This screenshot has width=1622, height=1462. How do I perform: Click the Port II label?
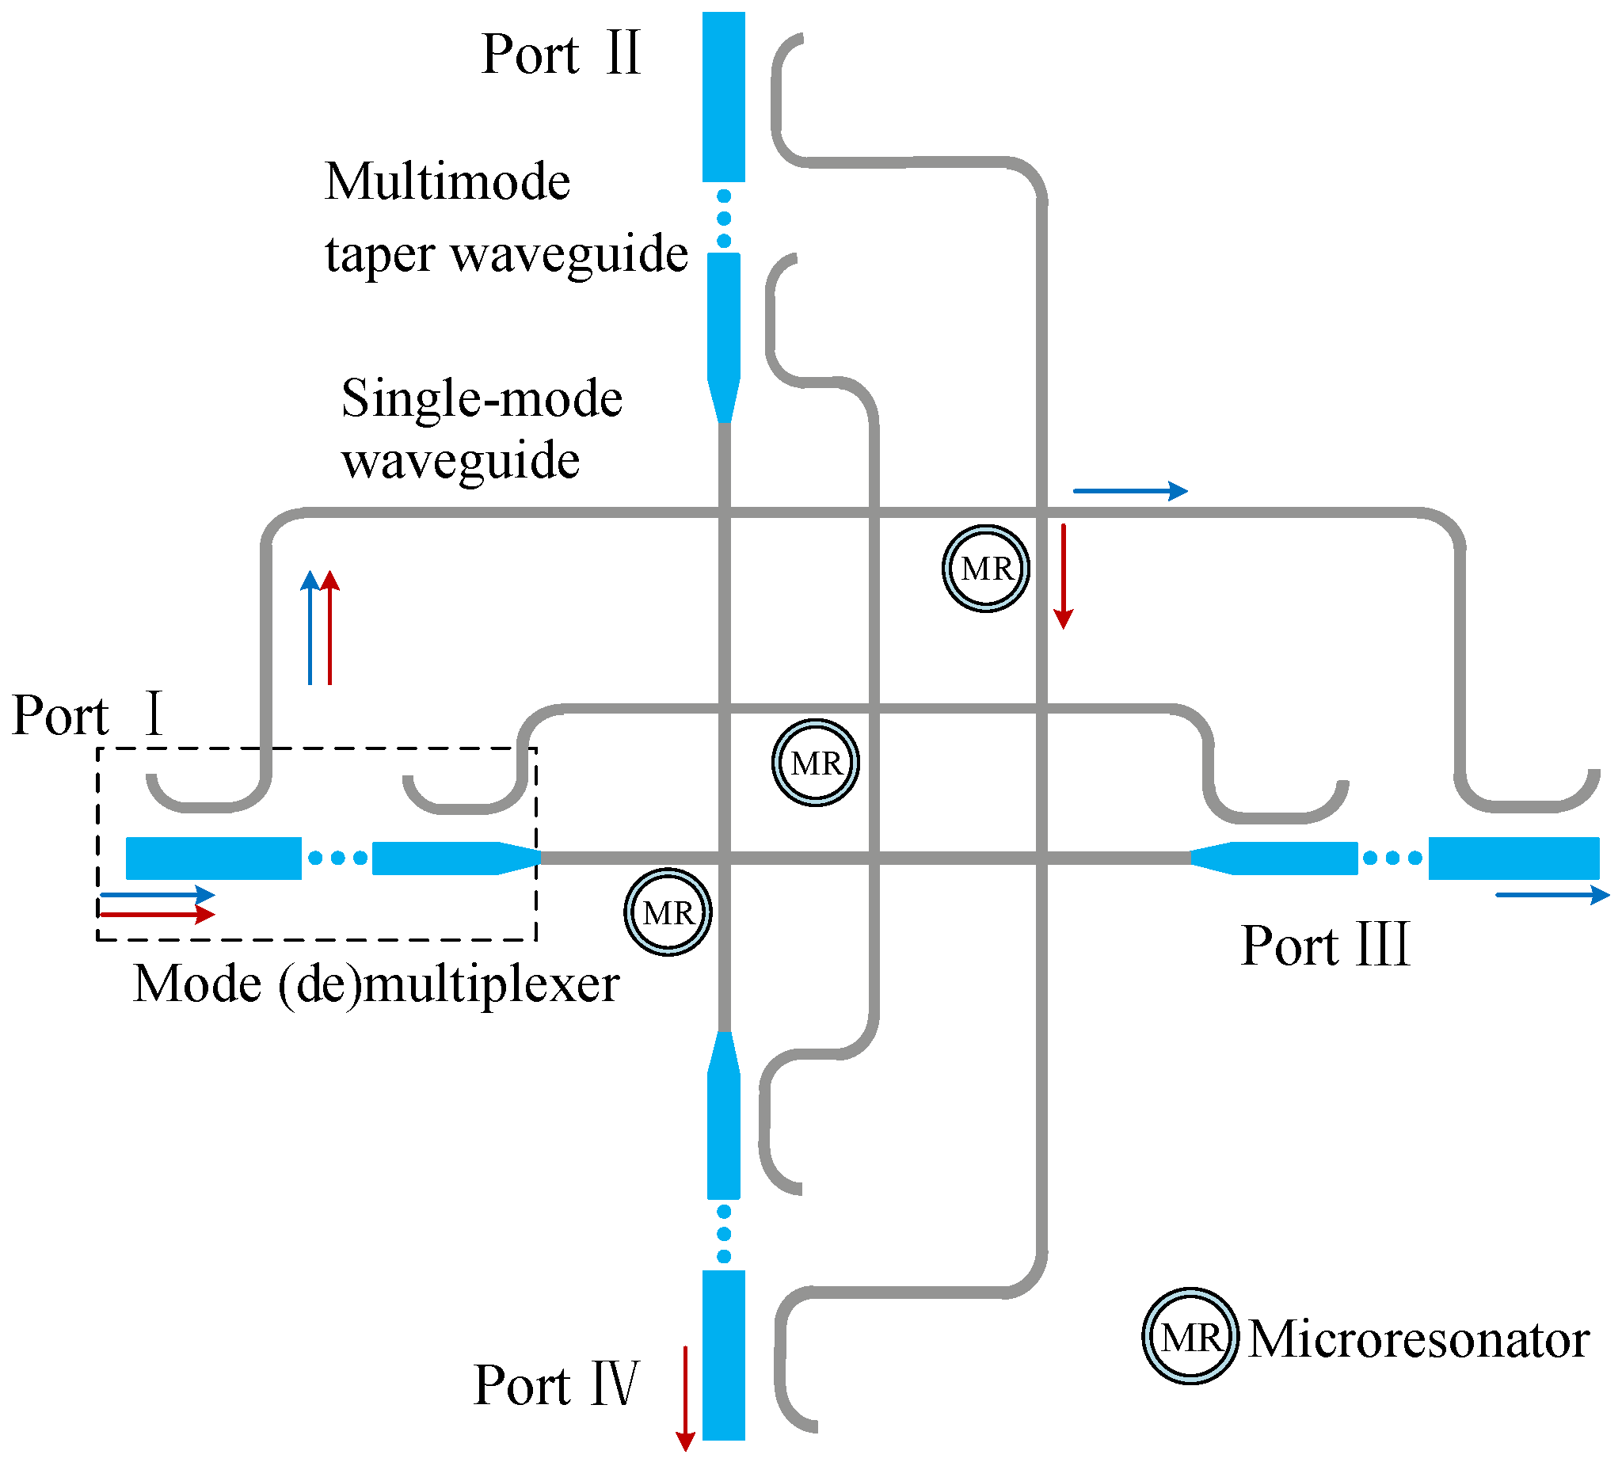[560, 55]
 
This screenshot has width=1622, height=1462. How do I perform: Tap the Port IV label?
[555, 1386]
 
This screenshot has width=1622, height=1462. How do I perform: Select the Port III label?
[1325, 946]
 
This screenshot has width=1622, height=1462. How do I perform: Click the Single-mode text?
[482, 398]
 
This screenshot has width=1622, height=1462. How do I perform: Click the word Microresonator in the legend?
[1418, 1339]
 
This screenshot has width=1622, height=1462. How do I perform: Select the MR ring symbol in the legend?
[1190, 1338]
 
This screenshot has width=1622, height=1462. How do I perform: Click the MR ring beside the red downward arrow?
[986, 569]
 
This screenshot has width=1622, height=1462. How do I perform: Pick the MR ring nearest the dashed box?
[668, 912]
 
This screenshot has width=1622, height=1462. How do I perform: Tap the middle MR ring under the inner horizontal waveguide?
[816, 763]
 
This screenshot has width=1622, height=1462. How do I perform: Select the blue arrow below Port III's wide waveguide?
[1552, 895]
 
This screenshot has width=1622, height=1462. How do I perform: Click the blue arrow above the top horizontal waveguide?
[1130, 491]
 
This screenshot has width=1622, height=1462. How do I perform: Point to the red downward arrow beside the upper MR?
[1063, 576]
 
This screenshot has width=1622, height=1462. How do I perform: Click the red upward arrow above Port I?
[330, 627]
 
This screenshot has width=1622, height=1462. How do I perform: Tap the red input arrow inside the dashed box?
[157, 914]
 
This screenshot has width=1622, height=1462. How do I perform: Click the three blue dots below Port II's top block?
[724, 218]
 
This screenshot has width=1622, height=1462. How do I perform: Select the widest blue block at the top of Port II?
[723, 97]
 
